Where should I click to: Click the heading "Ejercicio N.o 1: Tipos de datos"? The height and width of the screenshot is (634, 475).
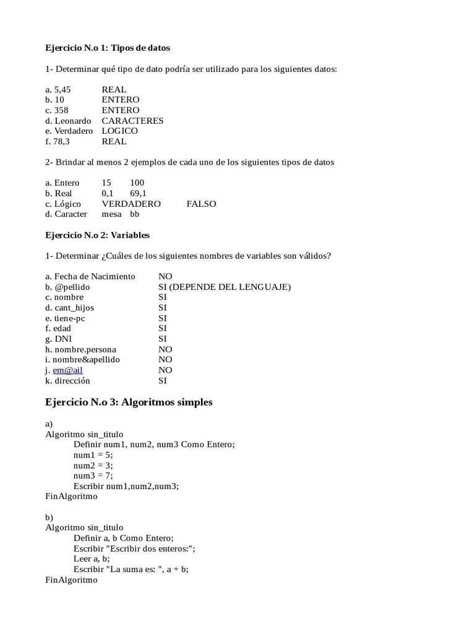[x=108, y=48]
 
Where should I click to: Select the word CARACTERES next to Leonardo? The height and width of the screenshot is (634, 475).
[x=132, y=121]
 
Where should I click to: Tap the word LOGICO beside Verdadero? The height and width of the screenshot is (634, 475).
[x=120, y=131]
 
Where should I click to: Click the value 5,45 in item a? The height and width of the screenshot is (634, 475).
[x=62, y=90]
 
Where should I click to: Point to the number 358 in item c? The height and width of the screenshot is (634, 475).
[x=61, y=110]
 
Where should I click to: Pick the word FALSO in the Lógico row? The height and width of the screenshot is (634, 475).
[x=201, y=204]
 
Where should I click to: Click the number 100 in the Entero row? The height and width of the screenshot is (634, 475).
[x=137, y=183]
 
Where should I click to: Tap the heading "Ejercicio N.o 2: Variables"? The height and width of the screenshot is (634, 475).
[x=98, y=235]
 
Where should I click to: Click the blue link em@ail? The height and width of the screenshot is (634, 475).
[x=67, y=370]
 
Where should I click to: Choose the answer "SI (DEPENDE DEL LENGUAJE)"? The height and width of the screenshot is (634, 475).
[x=225, y=287]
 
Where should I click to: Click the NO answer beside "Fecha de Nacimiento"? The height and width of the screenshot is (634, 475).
[x=165, y=277]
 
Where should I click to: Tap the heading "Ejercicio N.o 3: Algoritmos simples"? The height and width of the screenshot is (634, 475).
[x=129, y=402]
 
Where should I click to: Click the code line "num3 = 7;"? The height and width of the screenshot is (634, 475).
[x=93, y=475]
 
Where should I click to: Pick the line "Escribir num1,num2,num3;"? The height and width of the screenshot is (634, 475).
[x=126, y=486]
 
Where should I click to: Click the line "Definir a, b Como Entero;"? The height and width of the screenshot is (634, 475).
[x=124, y=538]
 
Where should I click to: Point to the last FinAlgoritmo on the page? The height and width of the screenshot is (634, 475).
[x=71, y=580]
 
